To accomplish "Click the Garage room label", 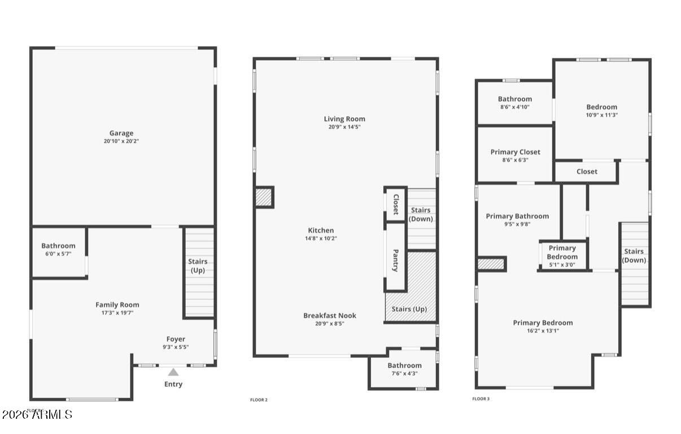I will point(121,134).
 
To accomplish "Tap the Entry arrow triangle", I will point(173,372).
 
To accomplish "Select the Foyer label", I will point(175,339).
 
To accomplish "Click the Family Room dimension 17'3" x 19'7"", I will point(117,313).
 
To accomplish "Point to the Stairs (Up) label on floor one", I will point(198,266).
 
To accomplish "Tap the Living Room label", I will point(344,119).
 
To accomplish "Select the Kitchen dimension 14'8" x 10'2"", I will point(321,239).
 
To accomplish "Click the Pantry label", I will point(395,260).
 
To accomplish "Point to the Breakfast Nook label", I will point(330,315).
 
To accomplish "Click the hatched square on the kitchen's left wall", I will point(264,197).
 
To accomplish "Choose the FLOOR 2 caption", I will point(259,400).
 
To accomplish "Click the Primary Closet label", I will point(515,152).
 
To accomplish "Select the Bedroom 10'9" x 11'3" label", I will point(601,107).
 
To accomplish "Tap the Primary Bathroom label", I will point(517,216).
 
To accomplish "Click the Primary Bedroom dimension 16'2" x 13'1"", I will point(543,331).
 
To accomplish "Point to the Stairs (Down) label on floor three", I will point(634,256).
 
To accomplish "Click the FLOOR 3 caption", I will point(481,399).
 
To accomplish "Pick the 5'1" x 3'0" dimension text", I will point(562,265).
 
